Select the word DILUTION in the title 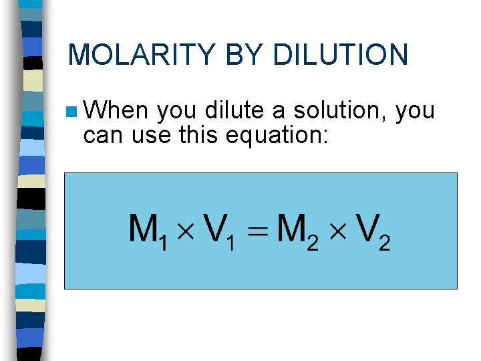coord(341,55)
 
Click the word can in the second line coord(104,136)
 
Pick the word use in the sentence coord(153,136)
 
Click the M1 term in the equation coord(148,231)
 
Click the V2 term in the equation coord(372,231)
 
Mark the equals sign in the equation coord(258,231)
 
